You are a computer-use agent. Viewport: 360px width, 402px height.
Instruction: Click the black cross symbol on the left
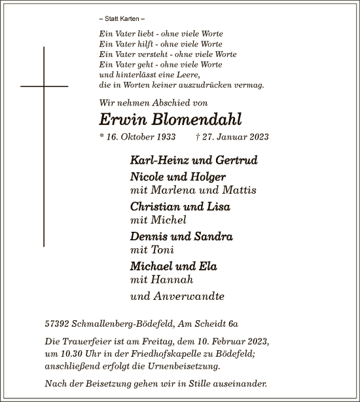coord(45,85)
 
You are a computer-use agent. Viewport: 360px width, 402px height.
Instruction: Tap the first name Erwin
coord(122,119)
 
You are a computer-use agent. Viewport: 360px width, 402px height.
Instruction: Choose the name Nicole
coord(149,177)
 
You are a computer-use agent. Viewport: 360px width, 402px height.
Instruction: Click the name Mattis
coord(238,190)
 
